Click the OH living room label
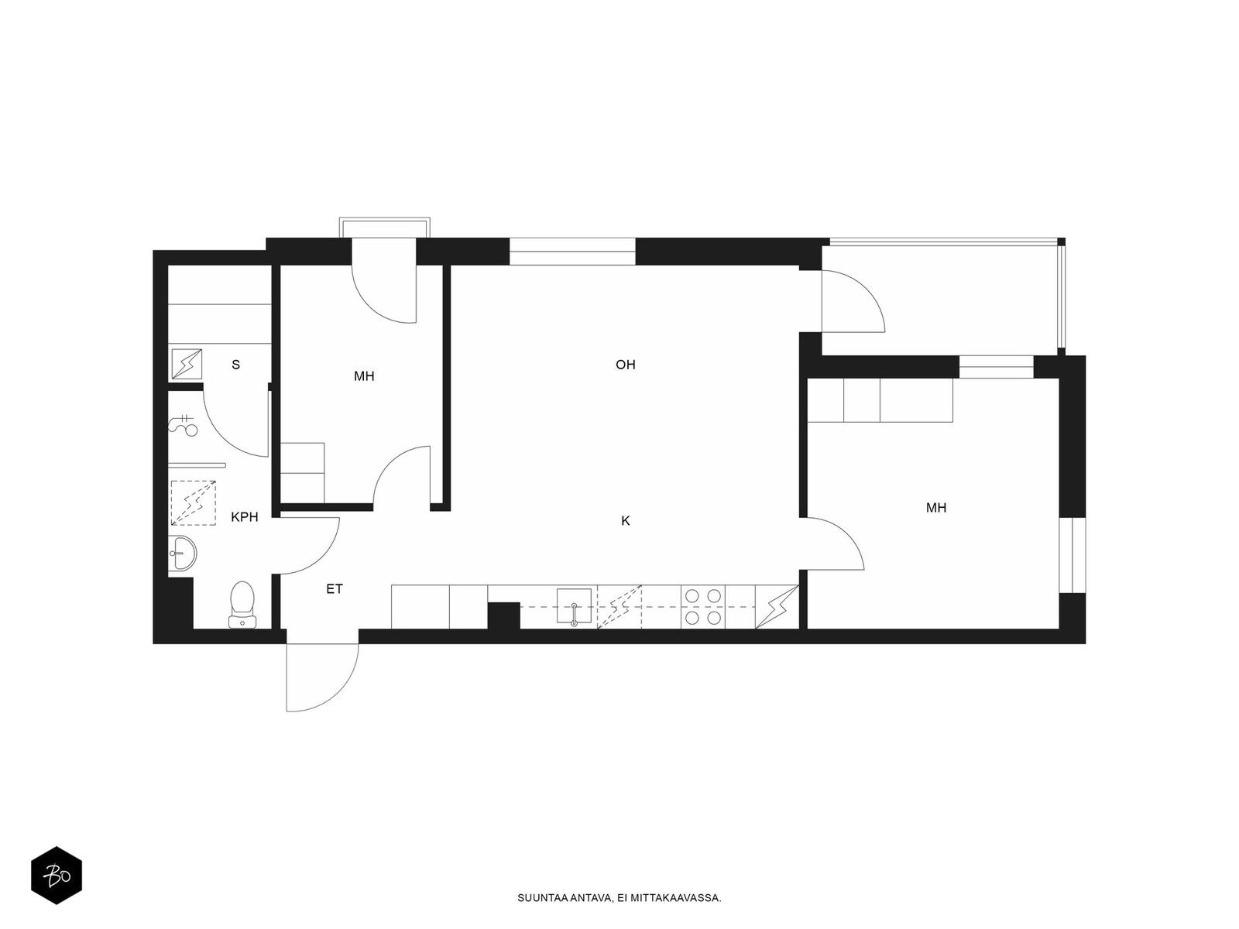pos(625,365)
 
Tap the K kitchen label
pos(625,521)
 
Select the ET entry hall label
pos(335,589)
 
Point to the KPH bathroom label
pos(245,516)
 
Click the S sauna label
pos(236,365)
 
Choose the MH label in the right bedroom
pos(936,508)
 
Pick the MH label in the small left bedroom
pos(364,376)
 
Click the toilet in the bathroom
pos(242,605)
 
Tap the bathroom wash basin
pos(182,553)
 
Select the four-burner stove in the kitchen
pos(703,607)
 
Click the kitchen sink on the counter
pos(574,606)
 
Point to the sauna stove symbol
pos(187,364)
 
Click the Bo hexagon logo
pos(57,876)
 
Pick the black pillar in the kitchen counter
pos(503,616)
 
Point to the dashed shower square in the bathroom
pos(193,502)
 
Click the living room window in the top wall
pos(572,252)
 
